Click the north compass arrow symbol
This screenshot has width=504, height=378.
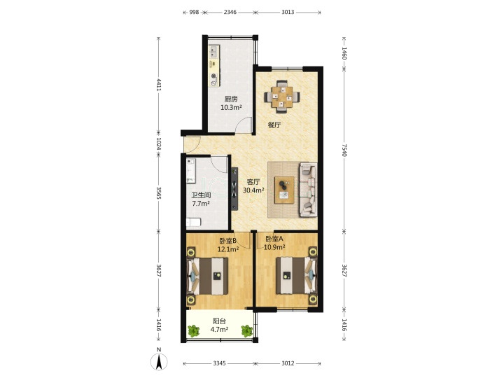tap(159, 362)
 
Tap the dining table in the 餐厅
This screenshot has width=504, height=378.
tap(282, 97)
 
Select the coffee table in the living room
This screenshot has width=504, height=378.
tap(284, 190)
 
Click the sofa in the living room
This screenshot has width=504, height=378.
tap(308, 190)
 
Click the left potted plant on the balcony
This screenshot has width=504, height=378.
tap(193, 330)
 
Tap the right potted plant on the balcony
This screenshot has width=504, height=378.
tap(247, 330)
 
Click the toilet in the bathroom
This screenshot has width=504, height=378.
tap(193, 223)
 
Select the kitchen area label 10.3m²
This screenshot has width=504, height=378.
tap(231, 108)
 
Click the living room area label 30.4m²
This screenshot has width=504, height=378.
tap(253, 190)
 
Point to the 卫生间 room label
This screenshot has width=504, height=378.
tap(201, 195)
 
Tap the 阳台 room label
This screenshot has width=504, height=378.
tap(220, 321)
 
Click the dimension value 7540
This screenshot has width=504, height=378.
tap(344, 150)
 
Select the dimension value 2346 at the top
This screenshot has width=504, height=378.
tap(230, 12)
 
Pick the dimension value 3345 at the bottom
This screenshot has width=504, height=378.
tap(219, 363)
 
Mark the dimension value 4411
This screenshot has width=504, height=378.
tap(158, 84)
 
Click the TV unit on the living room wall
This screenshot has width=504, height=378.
tap(234, 189)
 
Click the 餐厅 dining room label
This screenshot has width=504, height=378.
tap(274, 125)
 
